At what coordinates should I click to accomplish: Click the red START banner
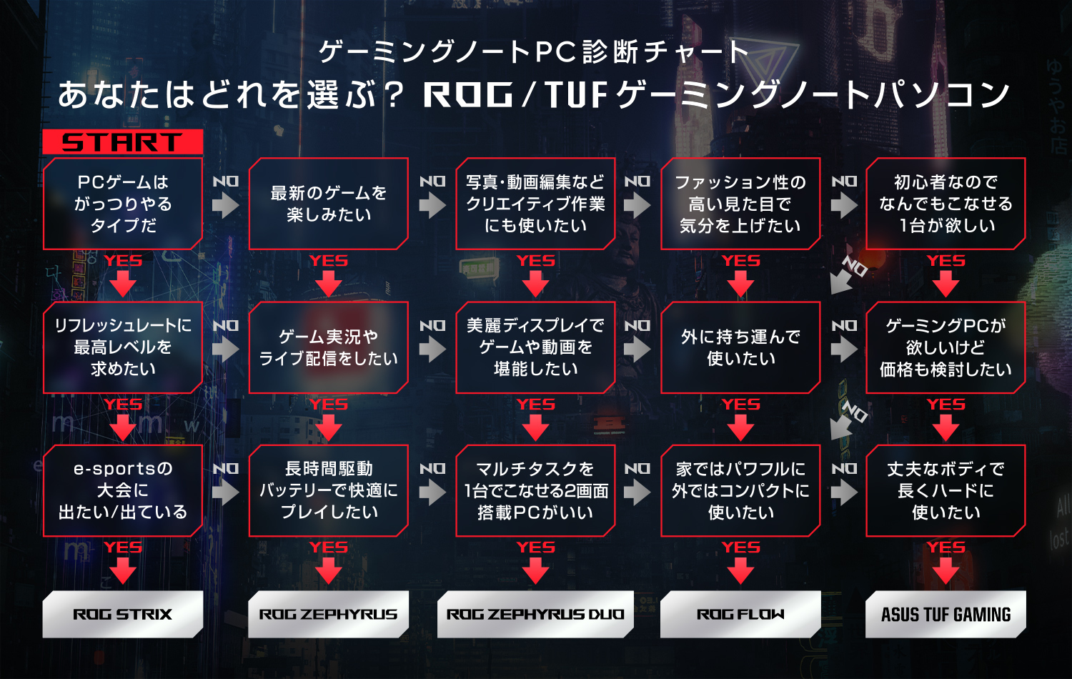122,142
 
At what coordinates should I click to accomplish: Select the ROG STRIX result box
122,614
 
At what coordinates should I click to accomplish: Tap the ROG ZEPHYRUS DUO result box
535,614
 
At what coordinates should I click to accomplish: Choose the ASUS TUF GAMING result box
946,614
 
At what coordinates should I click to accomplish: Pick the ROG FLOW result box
740,614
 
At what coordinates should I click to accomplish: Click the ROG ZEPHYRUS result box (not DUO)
328,614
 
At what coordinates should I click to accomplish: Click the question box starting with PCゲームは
122,204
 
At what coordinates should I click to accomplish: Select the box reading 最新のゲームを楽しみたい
328,204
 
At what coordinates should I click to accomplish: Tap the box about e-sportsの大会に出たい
122,490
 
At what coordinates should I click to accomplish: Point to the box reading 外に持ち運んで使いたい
740,347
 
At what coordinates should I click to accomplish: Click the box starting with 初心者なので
946,204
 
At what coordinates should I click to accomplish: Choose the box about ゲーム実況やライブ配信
328,347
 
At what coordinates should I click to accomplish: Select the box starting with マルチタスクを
535,490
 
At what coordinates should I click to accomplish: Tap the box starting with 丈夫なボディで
946,490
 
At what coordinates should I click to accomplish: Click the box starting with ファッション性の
740,204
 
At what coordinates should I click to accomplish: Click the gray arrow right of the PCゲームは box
225,205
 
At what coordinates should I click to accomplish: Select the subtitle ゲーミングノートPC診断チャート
533,51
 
